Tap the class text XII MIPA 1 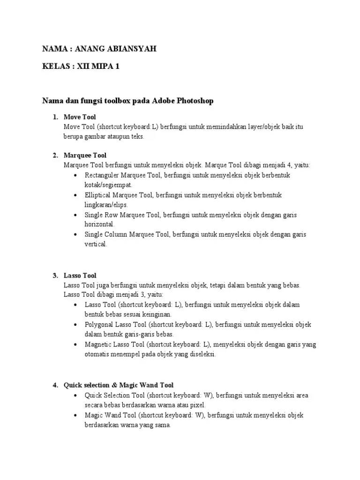(97, 67)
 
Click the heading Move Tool (79, 117)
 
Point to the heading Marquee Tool (85, 155)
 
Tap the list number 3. (54, 276)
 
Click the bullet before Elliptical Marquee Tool (75, 195)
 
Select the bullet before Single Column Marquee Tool (75, 234)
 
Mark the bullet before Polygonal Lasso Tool (75, 324)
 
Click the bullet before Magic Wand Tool (75, 415)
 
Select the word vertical (96, 244)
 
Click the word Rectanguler (102, 175)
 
